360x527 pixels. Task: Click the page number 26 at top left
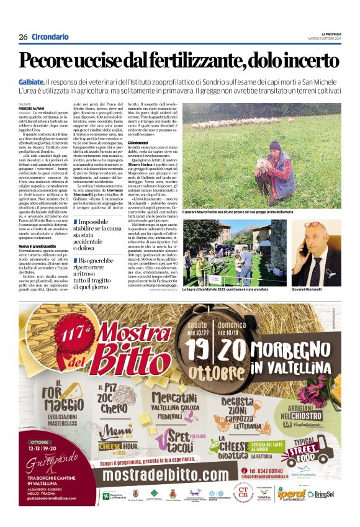click(23, 37)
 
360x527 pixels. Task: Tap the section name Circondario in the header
click(50, 37)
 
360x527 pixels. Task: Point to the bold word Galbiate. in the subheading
click(31, 81)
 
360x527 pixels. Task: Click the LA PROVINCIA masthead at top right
click(331, 34)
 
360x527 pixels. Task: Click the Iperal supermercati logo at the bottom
click(292, 494)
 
